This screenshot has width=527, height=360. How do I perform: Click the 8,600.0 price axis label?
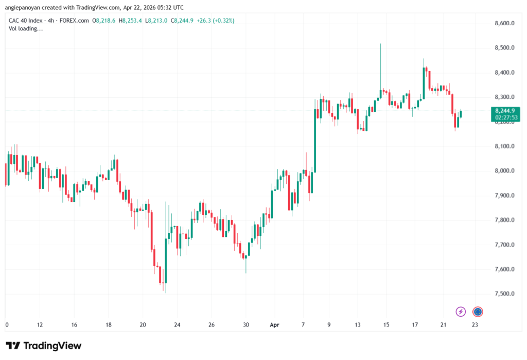[x=504, y=23]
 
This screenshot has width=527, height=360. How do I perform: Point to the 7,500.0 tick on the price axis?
[x=504, y=294]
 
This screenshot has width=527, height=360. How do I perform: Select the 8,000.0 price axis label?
[x=504, y=170]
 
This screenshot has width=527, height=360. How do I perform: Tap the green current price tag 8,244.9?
[x=505, y=111]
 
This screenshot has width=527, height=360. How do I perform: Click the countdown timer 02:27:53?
[x=506, y=117]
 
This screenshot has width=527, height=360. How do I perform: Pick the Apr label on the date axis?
[x=275, y=324]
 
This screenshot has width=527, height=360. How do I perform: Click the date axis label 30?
[x=246, y=324]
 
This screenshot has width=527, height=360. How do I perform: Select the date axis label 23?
[x=475, y=324]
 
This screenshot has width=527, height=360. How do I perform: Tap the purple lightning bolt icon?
[x=461, y=312]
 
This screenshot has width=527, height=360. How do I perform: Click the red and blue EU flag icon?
[x=478, y=312]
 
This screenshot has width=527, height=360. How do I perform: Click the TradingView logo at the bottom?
[x=44, y=346]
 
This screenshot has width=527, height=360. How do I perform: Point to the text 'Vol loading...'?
[x=26, y=29]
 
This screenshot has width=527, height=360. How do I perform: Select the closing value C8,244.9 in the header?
[x=182, y=21]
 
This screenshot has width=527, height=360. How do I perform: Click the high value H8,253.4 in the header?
[x=130, y=21]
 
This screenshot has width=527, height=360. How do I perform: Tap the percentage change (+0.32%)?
[x=223, y=21]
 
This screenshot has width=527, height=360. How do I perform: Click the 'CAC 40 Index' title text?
[x=26, y=21]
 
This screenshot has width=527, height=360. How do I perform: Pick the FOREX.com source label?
[x=74, y=21]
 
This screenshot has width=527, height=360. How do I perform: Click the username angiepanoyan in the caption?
[x=23, y=7]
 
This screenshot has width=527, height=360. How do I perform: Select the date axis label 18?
[x=109, y=324]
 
